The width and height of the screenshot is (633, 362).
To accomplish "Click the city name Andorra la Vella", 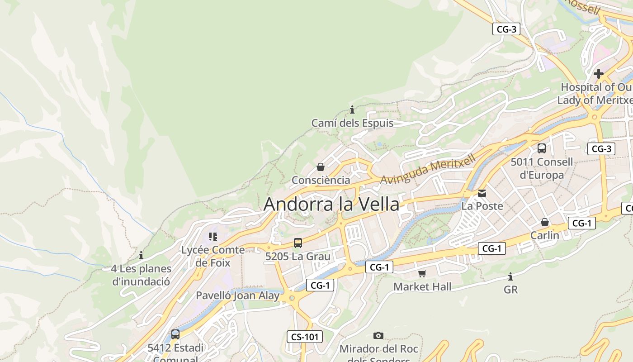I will [331, 204].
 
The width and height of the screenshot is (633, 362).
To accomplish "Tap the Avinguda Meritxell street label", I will [428, 169].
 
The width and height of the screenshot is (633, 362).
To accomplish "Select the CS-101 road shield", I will [305, 337].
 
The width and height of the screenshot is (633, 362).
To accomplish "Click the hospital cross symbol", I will [599, 74].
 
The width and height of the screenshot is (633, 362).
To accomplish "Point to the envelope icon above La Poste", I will [482, 193].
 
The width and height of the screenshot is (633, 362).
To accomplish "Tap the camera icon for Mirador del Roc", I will [378, 335].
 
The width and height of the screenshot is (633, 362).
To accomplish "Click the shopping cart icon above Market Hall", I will [422, 273].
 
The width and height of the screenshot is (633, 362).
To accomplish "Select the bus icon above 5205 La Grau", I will [298, 243].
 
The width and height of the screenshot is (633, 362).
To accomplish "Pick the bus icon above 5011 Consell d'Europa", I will [541, 148].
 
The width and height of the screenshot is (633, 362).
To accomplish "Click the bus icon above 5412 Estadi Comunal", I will [175, 334].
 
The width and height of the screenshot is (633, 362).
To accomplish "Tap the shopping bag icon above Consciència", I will [321, 167].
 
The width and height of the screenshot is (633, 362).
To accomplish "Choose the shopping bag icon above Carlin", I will [545, 222].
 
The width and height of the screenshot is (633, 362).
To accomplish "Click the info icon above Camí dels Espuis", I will [352, 110].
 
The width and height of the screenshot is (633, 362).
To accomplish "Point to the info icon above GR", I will [510, 276].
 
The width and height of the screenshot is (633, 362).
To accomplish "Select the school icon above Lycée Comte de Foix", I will [213, 237].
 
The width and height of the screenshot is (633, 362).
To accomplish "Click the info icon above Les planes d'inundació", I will [141, 255].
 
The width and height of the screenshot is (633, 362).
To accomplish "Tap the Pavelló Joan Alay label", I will [237, 296].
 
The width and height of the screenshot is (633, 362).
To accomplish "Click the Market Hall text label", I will [422, 286].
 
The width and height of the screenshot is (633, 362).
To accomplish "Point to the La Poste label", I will [482, 206].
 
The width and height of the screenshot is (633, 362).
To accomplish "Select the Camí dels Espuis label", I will [352, 123].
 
